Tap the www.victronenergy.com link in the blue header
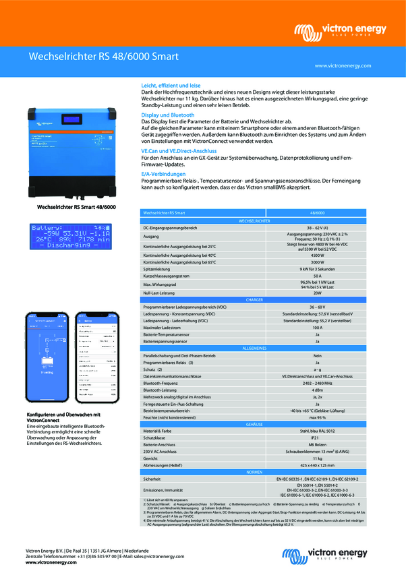point(343,65)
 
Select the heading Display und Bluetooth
point(167,116)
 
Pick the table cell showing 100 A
point(317,328)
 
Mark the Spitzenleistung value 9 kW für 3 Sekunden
point(317,269)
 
